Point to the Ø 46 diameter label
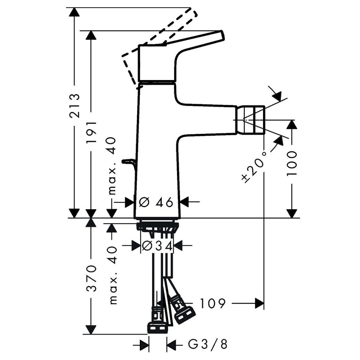click(156, 202)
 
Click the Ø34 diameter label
click(157, 245)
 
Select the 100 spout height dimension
click(292, 163)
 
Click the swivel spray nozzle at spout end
click(253, 120)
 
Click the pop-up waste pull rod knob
click(127, 161)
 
